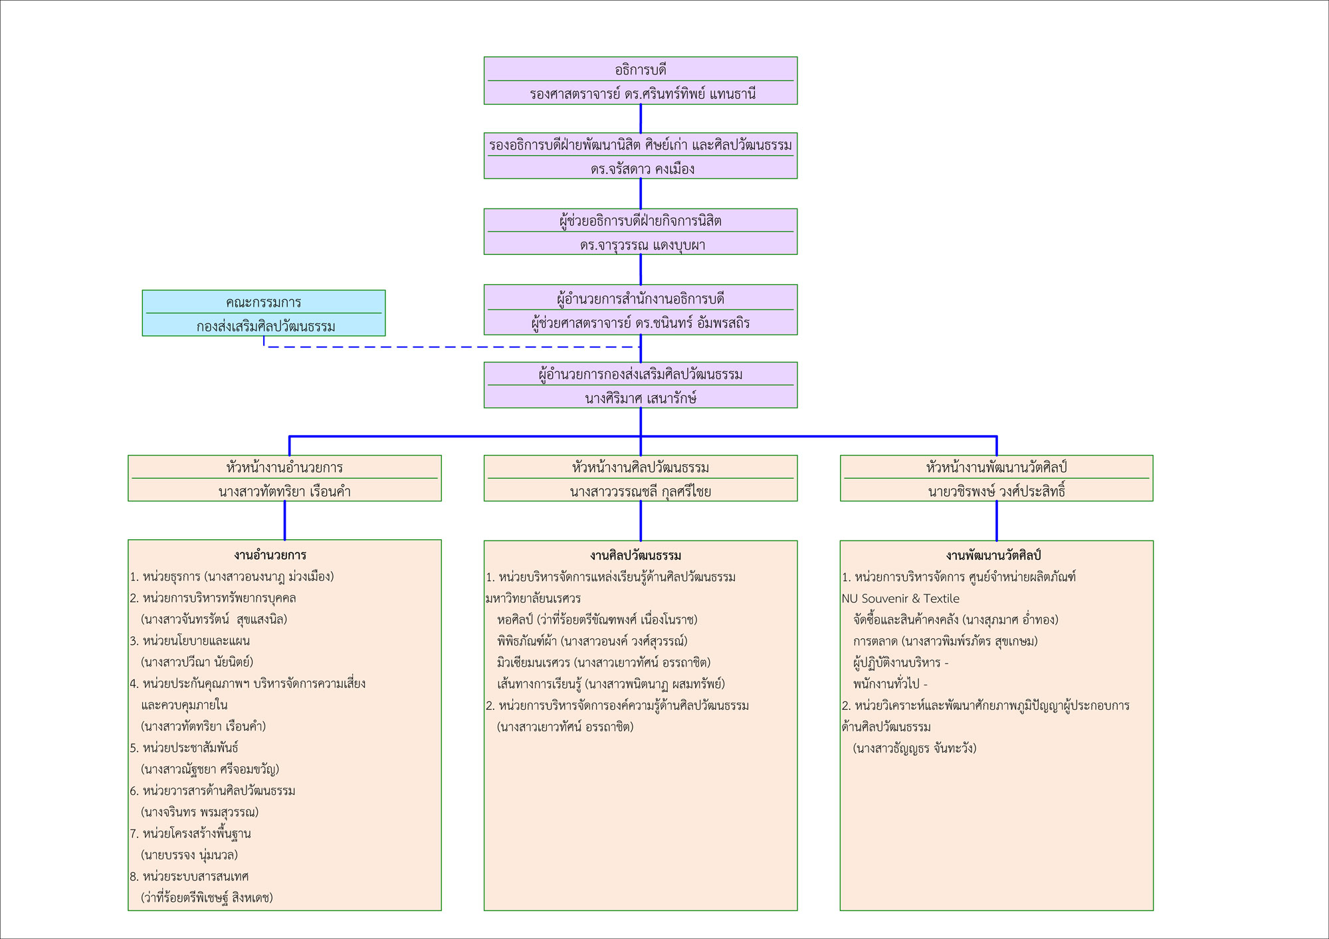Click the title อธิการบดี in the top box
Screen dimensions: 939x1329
click(641, 70)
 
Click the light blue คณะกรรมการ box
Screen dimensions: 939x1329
click(263, 313)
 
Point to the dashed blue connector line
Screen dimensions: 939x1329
click(452, 347)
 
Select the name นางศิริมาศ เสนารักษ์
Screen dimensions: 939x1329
click(641, 398)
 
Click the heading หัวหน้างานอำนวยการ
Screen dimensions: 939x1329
click(284, 468)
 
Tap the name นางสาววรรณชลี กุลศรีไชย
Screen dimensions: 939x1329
click(641, 491)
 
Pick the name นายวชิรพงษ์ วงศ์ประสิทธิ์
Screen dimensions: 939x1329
click(996, 491)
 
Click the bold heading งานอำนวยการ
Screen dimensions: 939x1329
click(270, 555)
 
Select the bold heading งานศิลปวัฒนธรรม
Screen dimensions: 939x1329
click(635, 555)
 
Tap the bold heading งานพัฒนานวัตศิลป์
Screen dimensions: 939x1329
click(993, 555)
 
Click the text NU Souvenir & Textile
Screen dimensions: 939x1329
click(900, 598)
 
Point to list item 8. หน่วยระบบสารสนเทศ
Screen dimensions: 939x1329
click(189, 876)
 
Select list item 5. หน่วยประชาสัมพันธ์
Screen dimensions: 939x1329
click(184, 748)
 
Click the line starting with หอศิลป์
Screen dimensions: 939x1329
click(597, 620)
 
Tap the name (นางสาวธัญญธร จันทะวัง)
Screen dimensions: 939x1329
click(914, 748)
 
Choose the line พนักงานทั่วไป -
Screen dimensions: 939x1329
click(890, 683)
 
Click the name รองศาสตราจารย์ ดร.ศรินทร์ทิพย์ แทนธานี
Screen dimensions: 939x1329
click(642, 94)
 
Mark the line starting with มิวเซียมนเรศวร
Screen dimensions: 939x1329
click(603, 662)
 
